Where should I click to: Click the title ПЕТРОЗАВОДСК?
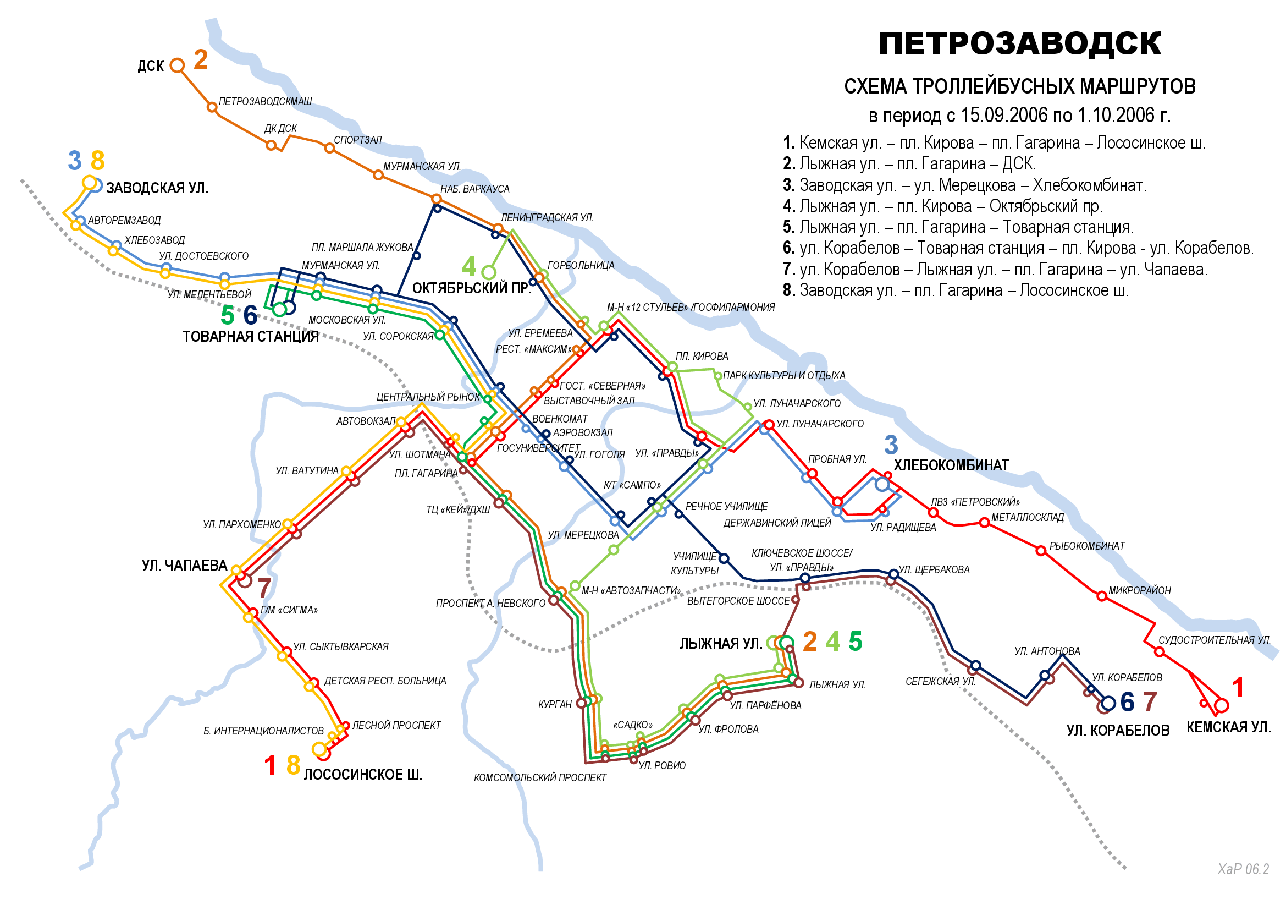pos(1019,43)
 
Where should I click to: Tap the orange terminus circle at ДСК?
pos(177,65)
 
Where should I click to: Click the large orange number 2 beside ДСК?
pos(201,59)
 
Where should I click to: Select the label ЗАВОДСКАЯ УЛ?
pos(157,188)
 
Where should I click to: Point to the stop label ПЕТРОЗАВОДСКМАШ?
pos(265,101)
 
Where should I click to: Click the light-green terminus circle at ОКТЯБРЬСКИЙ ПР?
pos(488,273)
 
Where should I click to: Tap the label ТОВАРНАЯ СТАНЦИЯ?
pos(250,337)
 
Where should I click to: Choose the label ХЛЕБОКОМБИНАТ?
pos(951,465)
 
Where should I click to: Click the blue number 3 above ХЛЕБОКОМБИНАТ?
pos(891,446)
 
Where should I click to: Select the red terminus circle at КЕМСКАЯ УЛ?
pos(1221,705)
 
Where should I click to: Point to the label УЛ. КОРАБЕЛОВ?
pos(1118,731)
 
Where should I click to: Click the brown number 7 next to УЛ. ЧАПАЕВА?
pos(264,588)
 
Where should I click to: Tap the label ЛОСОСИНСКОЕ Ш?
pos(363,775)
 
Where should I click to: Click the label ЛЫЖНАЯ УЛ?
pos(721,644)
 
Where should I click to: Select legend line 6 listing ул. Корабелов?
pos(1018,248)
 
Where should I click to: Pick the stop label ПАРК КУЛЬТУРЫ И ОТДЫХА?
pos(783,375)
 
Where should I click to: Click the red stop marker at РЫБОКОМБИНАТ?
pos(1041,551)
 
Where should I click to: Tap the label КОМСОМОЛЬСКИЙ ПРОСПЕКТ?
pos(540,778)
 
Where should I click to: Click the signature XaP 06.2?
pos(1243,869)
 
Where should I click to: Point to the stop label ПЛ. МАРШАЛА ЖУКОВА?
pos(362,248)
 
